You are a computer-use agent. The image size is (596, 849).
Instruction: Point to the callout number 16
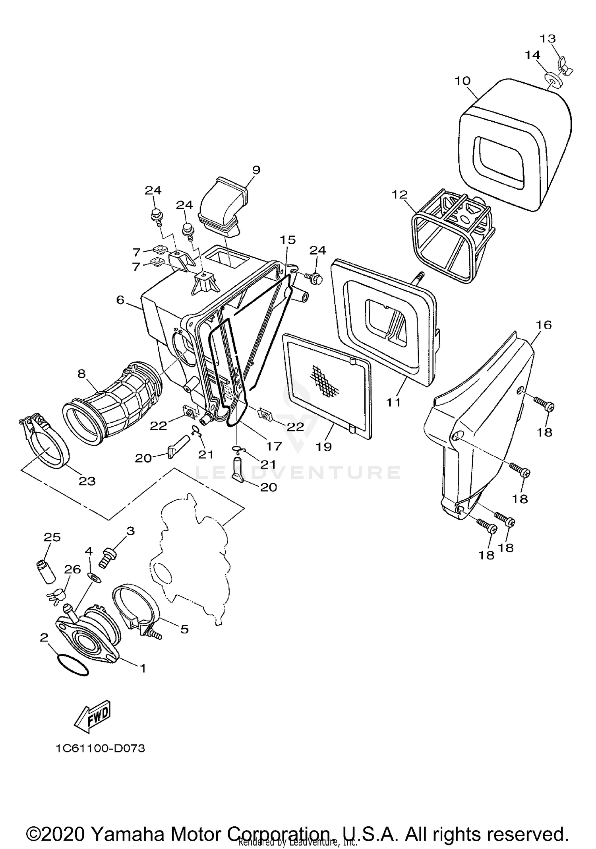pyautogui.click(x=544, y=325)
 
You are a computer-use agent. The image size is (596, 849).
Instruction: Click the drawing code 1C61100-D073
pyautogui.click(x=100, y=748)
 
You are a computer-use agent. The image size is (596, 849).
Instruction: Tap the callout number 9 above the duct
pyautogui.click(x=256, y=170)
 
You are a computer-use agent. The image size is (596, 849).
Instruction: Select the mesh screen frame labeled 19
pyautogui.click(x=328, y=386)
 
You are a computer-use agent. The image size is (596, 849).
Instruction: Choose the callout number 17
pyautogui.click(x=274, y=446)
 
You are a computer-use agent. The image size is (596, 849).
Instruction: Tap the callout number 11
pyautogui.click(x=394, y=402)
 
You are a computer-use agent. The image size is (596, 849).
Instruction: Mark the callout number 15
pyautogui.click(x=287, y=240)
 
